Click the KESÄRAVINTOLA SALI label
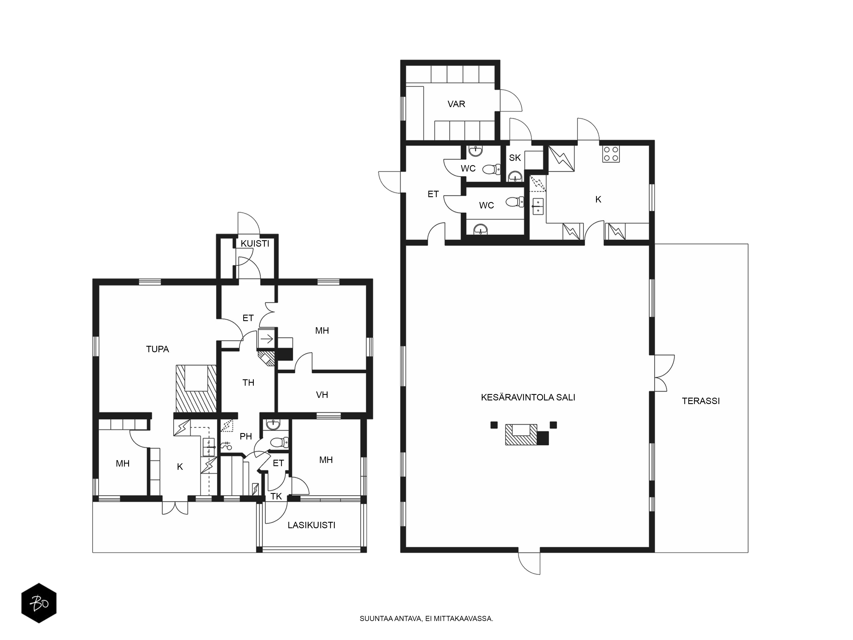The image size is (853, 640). (x=528, y=397)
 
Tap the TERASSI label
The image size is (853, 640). (x=701, y=401)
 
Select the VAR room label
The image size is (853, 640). (x=456, y=104)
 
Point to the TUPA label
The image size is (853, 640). (x=157, y=349)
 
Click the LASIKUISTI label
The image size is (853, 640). (x=311, y=525)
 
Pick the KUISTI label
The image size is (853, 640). (x=255, y=243)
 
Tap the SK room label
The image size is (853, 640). (x=515, y=157)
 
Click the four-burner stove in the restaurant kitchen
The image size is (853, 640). (x=611, y=154)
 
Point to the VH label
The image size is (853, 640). (x=322, y=395)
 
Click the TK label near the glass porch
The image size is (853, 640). (x=276, y=496)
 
